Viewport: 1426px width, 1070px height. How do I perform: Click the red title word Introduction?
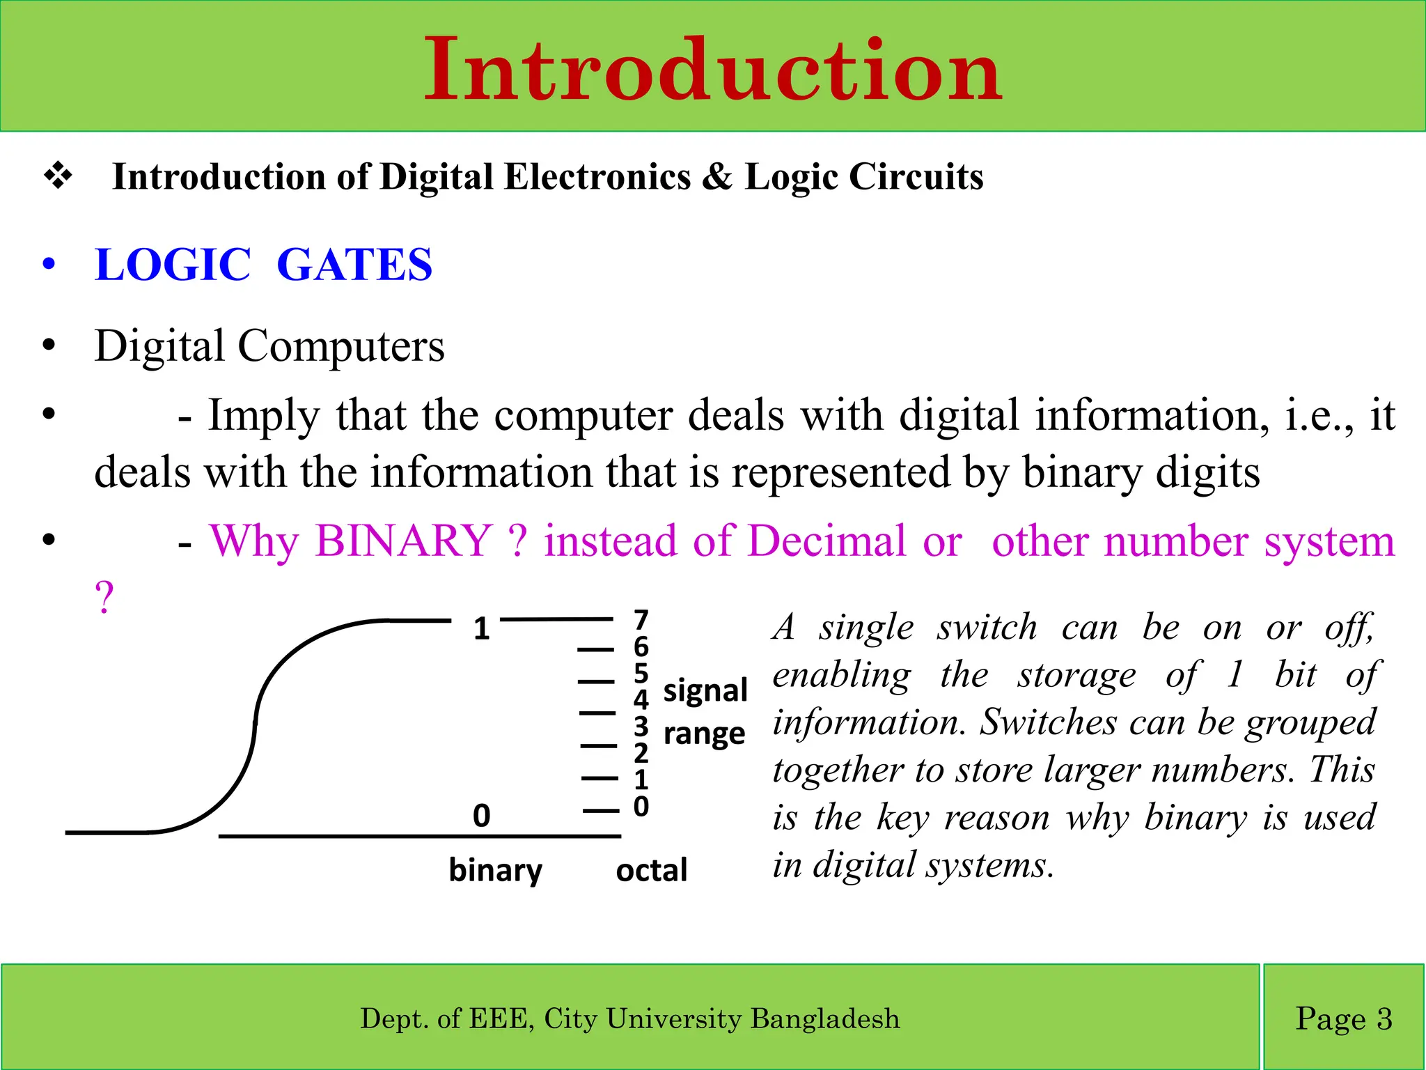(713, 70)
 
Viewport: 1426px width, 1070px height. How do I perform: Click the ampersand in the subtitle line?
(716, 177)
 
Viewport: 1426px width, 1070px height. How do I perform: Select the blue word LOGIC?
(173, 265)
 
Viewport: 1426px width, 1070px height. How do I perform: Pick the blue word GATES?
(354, 265)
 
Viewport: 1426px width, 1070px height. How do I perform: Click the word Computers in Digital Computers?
(340, 346)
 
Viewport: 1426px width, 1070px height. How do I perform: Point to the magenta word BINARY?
(404, 541)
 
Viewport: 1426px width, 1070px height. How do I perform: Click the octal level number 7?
(641, 619)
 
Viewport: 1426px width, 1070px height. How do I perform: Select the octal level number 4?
(641, 699)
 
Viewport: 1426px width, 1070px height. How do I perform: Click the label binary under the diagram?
(495, 871)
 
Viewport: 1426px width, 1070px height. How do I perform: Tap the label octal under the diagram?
(651, 871)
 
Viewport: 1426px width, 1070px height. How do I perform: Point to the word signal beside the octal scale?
(705, 691)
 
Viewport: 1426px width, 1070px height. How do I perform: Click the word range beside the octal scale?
(704, 734)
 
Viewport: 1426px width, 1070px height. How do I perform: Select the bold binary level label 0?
(481, 816)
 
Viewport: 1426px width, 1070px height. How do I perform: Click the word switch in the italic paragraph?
(987, 627)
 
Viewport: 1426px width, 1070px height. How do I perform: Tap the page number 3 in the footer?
(1384, 1019)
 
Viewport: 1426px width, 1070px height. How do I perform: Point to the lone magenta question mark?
(104, 598)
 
